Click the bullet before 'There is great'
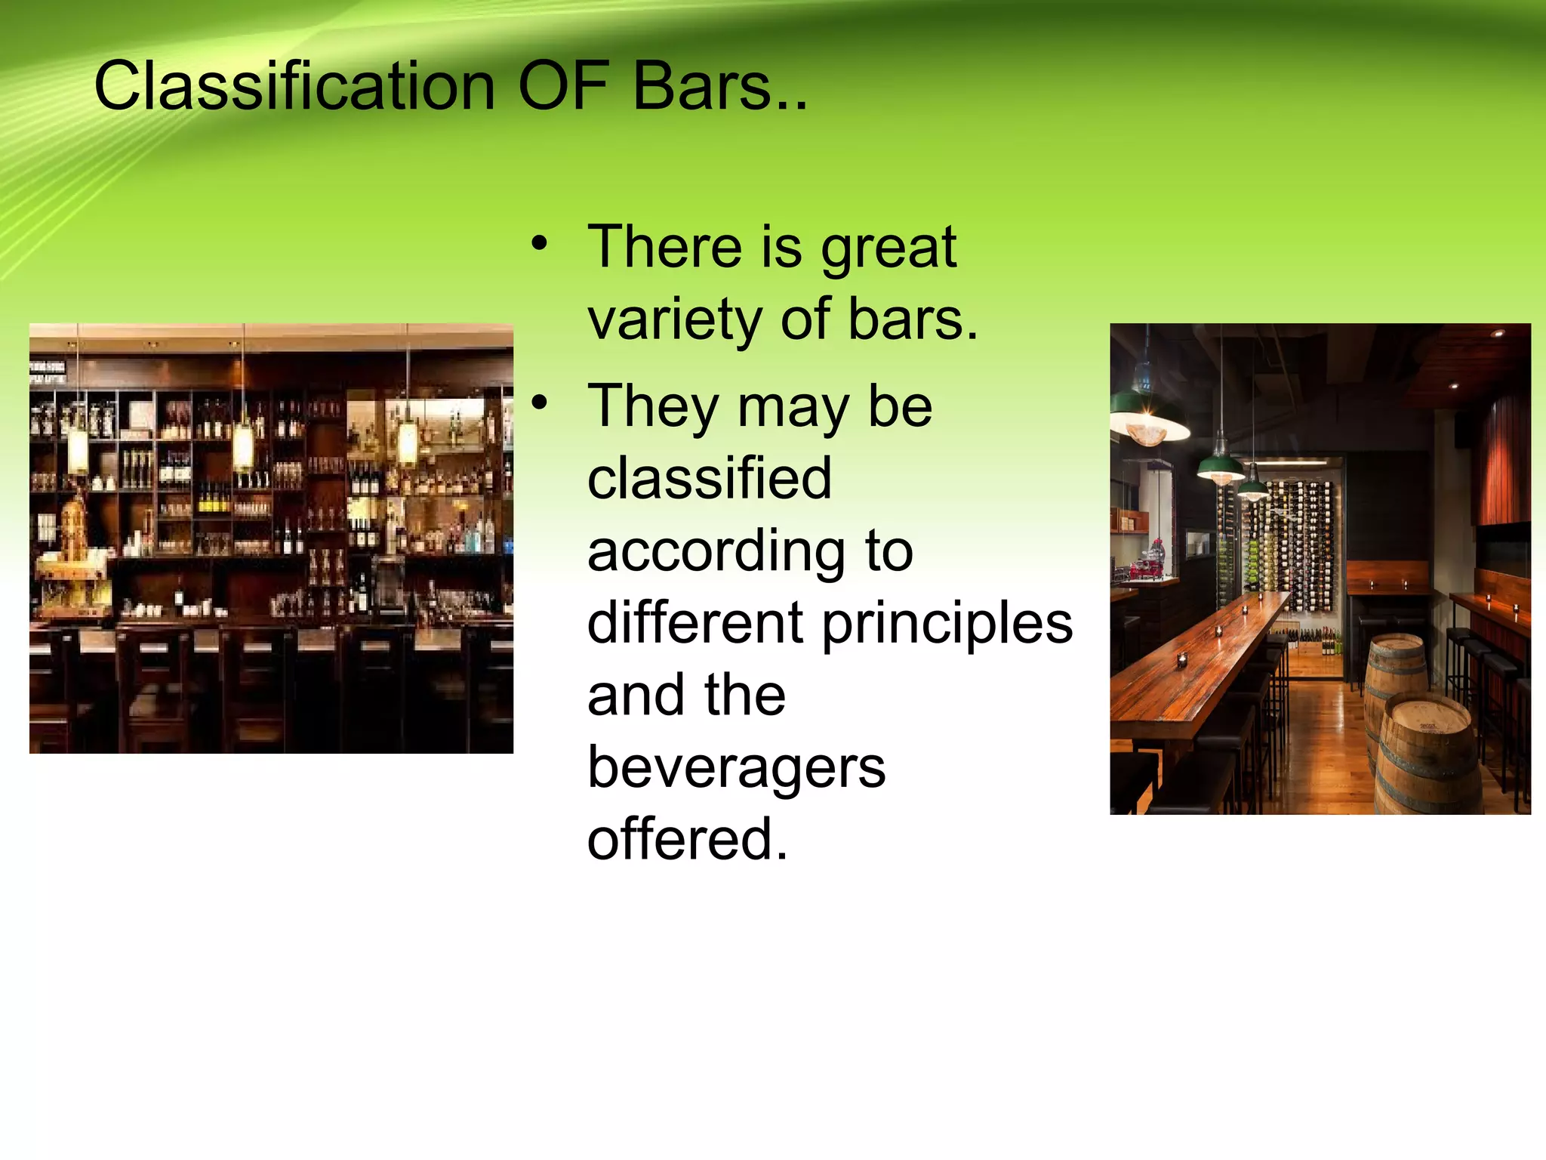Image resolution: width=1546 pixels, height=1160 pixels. point(538,243)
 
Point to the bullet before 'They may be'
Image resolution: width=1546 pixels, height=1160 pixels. point(538,403)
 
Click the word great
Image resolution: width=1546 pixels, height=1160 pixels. point(888,249)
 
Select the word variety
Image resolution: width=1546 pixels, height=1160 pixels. point(674,320)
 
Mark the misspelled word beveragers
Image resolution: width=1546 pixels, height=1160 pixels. point(736,769)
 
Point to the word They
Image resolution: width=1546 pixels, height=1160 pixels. point(653,408)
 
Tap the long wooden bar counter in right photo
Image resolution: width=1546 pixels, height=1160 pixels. point(1200,665)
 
